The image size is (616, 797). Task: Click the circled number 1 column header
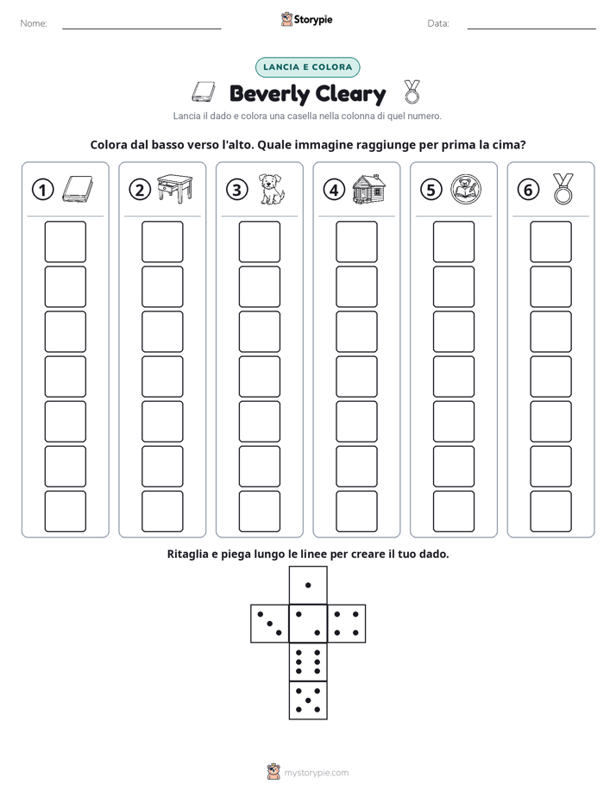[x=42, y=190]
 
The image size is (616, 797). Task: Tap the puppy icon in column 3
[x=272, y=189]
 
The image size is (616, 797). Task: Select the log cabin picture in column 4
[x=368, y=189]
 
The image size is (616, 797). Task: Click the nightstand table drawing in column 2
[x=175, y=189]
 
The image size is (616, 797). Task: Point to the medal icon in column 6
[x=563, y=189]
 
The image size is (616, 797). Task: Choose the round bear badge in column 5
[x=466, y=189]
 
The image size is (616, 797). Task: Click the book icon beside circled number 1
[x=78, y=190]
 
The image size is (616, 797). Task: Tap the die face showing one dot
[x=308, y=585]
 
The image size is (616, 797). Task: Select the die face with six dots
[x=308, y=662]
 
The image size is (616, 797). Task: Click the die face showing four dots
[x=347, y=624]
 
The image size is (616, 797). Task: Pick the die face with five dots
[x=308, y=700]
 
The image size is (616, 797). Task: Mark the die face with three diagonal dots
[x=270, y=624]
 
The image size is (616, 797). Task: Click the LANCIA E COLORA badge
[x=307, y=67]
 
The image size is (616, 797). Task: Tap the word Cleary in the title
[x=350, y=94]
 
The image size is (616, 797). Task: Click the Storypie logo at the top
[x=307, y=19]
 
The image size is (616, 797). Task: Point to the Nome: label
[x=34, y=23]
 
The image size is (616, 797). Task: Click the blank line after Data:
[x=531, y=28]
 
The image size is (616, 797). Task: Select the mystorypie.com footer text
[x=316, y=773]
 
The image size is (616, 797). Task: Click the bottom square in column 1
[x=65, y=511]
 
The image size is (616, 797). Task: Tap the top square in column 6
[x=551, y=242]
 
